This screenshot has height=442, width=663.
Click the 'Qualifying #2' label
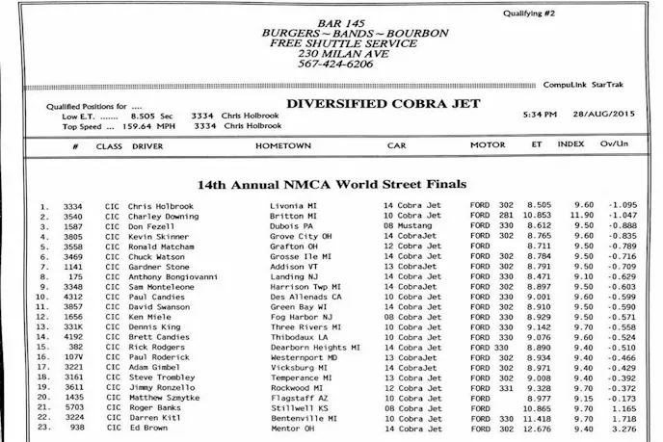tap(529, 13)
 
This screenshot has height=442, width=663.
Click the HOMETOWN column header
tap(283, 145)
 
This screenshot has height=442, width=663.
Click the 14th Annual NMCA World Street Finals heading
tap(331, 183)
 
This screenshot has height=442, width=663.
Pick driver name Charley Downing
tap(163, 217)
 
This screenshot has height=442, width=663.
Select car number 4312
tap(74, 298)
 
